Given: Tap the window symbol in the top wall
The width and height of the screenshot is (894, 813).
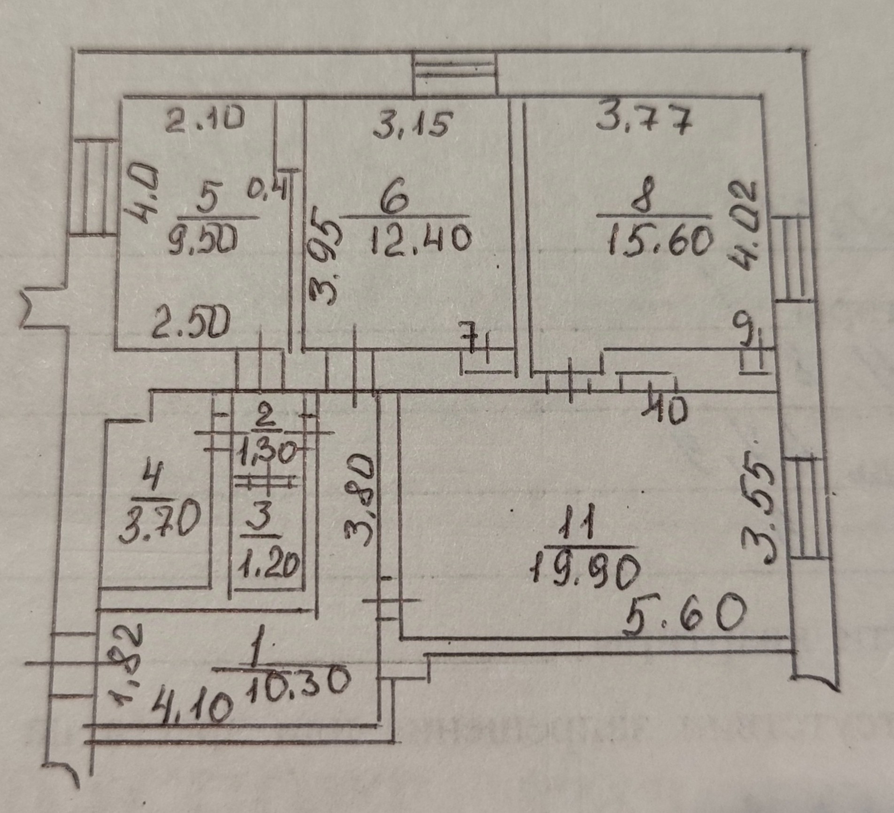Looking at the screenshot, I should pos(455,75).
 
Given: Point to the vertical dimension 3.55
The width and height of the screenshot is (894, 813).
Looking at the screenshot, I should pos(758,513).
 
